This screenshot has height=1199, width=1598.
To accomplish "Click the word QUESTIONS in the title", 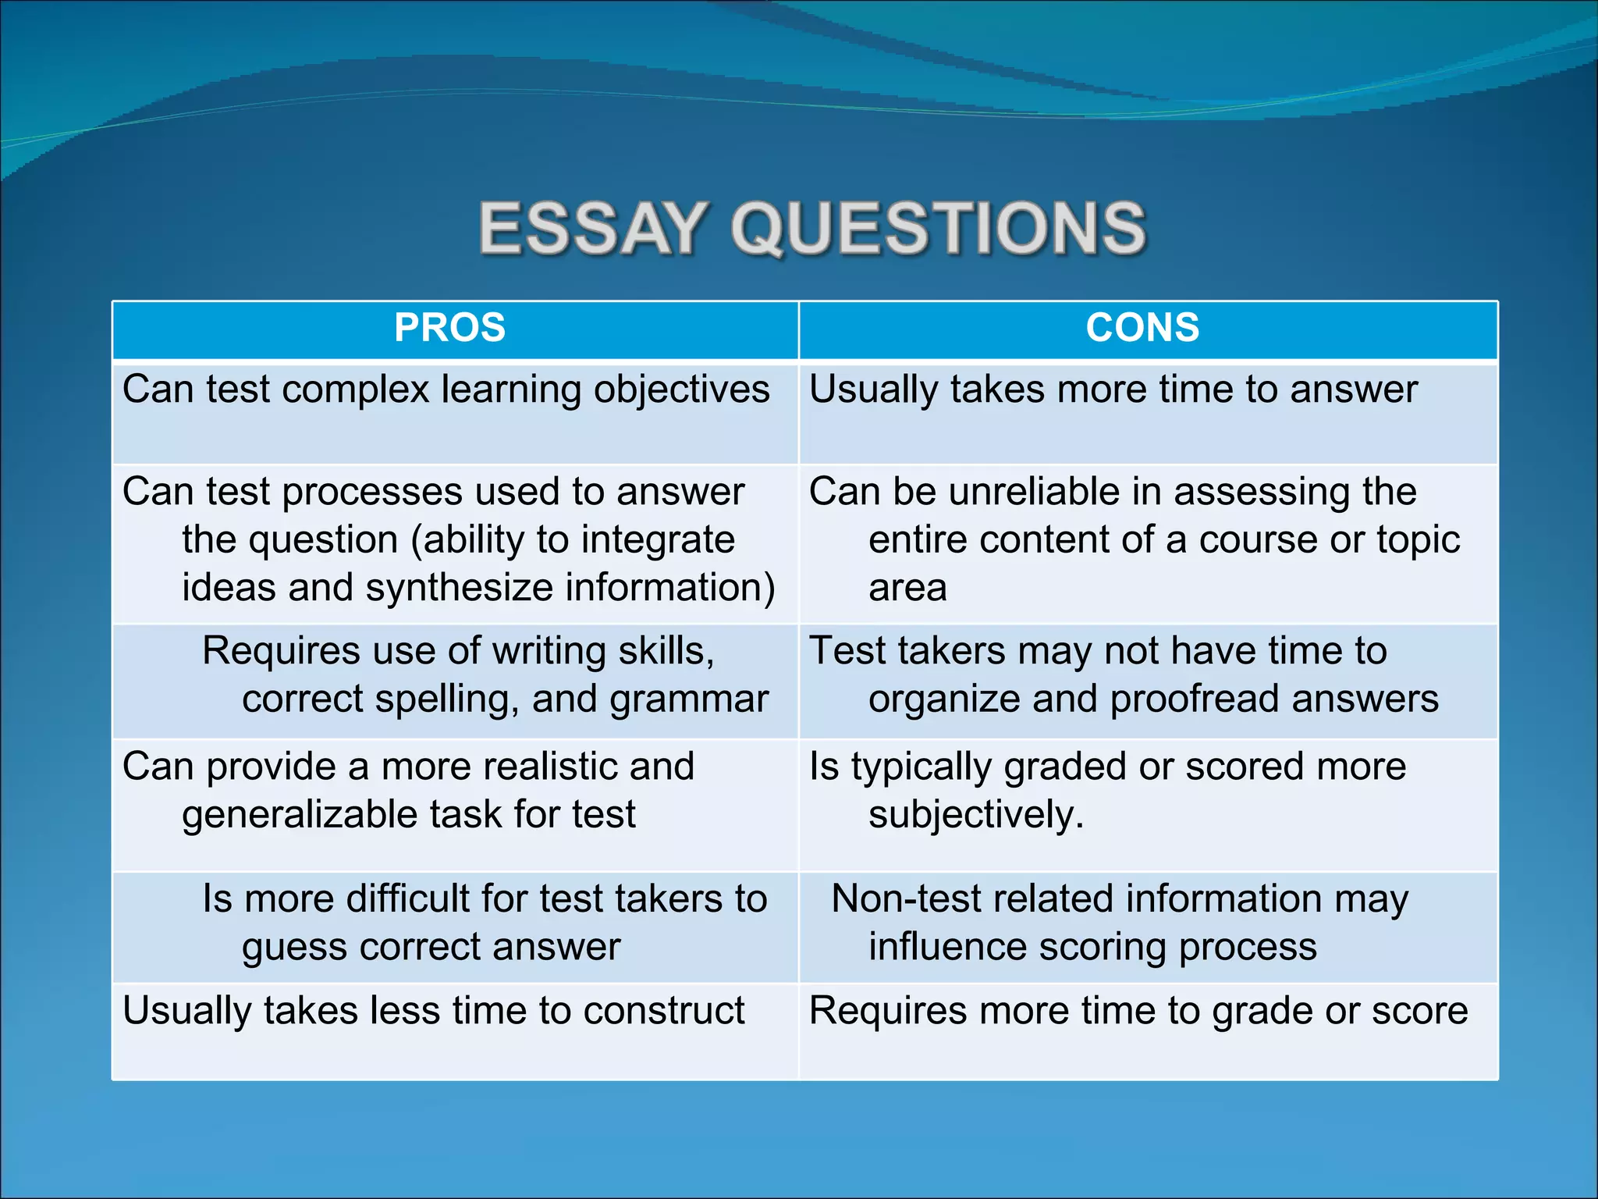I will click(938, 228).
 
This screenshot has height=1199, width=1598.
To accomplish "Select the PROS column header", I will click(450, 328).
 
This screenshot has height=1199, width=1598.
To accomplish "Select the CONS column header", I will click(1142, 328).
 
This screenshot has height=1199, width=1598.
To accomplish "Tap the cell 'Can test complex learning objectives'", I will click(446, 390).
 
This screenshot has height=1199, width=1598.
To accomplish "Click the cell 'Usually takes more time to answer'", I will click(1113, 390).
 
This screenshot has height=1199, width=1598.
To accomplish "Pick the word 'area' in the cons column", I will click(907, 588).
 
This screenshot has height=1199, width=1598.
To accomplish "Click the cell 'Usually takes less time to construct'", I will click(434, 1011).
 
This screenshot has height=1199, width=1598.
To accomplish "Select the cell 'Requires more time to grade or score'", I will click(1138, 1011).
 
